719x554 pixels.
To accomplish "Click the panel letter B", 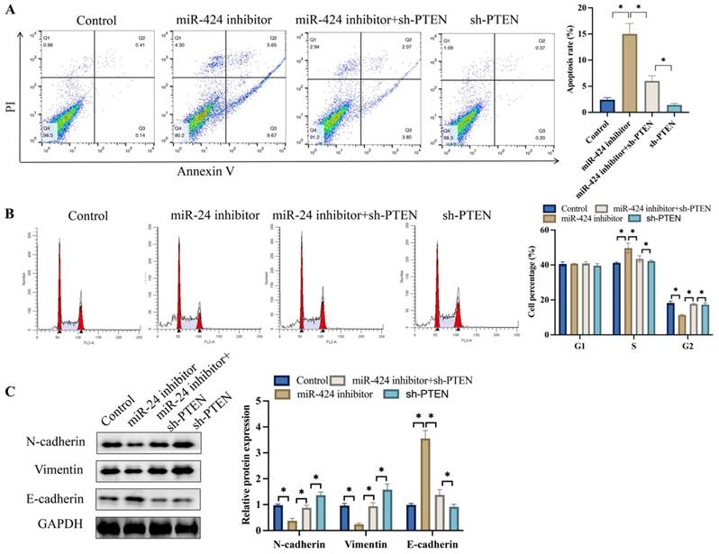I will click(8, 215).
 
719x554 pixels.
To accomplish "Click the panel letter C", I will click(8, 392).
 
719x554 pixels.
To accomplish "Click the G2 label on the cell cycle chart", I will click(686, 345).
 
